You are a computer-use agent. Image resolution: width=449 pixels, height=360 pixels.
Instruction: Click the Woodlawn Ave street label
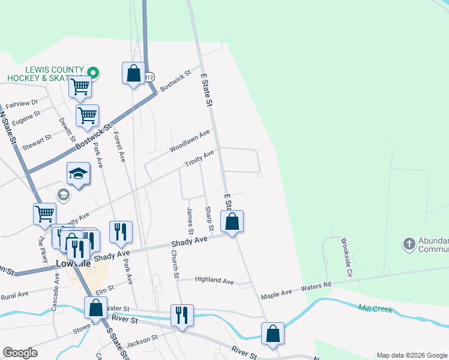[x=190, y=140]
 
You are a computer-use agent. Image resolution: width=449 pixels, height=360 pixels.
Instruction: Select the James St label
[x=190, y=221]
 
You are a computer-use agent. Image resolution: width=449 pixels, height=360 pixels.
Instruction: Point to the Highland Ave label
[x=214, y=280]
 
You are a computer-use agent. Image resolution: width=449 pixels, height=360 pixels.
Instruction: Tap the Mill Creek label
[x=375, y=310]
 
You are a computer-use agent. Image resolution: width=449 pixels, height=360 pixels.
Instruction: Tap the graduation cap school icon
[x=78, y=173]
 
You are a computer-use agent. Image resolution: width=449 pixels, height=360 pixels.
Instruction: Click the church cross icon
[x=409, y=244]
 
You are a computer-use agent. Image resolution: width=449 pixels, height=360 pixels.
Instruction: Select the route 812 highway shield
[x=149, y=77]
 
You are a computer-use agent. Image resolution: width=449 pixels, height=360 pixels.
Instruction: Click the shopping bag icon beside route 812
[x=133, y=74]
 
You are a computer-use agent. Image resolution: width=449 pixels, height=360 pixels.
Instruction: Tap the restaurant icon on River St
[x=181, y=315]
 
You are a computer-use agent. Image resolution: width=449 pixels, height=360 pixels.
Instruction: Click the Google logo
[x=20, y=353]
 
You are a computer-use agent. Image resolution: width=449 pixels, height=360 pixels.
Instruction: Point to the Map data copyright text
[x=411, y=355]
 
